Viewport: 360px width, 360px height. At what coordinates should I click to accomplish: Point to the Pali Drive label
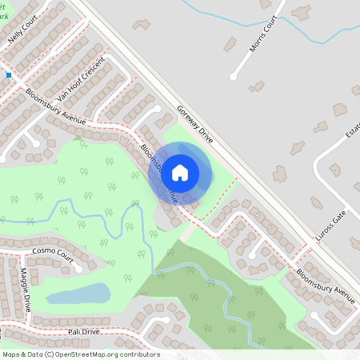[x=84, y=330]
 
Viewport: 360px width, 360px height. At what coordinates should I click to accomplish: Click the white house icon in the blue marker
[x=180, y=172]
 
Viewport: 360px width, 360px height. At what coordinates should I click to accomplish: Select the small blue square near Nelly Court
[x=9, y=75]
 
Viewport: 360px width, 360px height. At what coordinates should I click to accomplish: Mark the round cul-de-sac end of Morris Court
[x=233, y=77]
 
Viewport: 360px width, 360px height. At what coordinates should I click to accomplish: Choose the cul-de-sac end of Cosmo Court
[x=78, y=268]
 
